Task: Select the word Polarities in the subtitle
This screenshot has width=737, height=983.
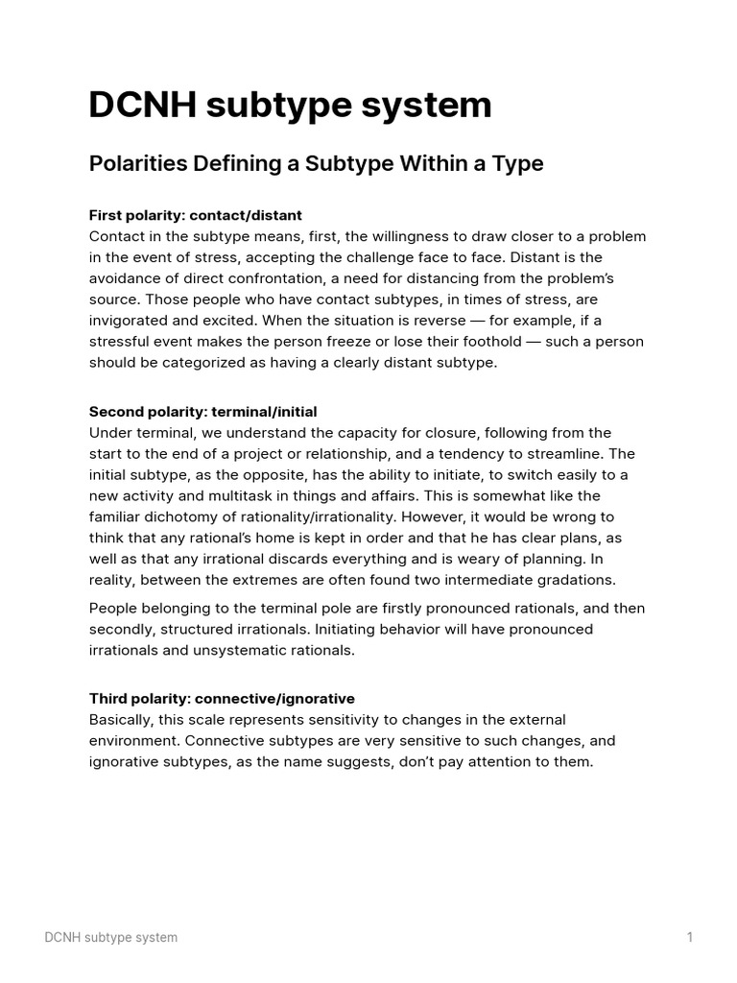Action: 136,164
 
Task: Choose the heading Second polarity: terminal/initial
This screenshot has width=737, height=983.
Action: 202,412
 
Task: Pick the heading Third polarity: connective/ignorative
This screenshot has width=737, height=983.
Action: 222,698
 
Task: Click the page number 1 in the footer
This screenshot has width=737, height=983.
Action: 689,937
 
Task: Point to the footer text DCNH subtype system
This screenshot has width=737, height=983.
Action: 111,937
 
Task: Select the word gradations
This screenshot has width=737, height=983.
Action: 570,580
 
